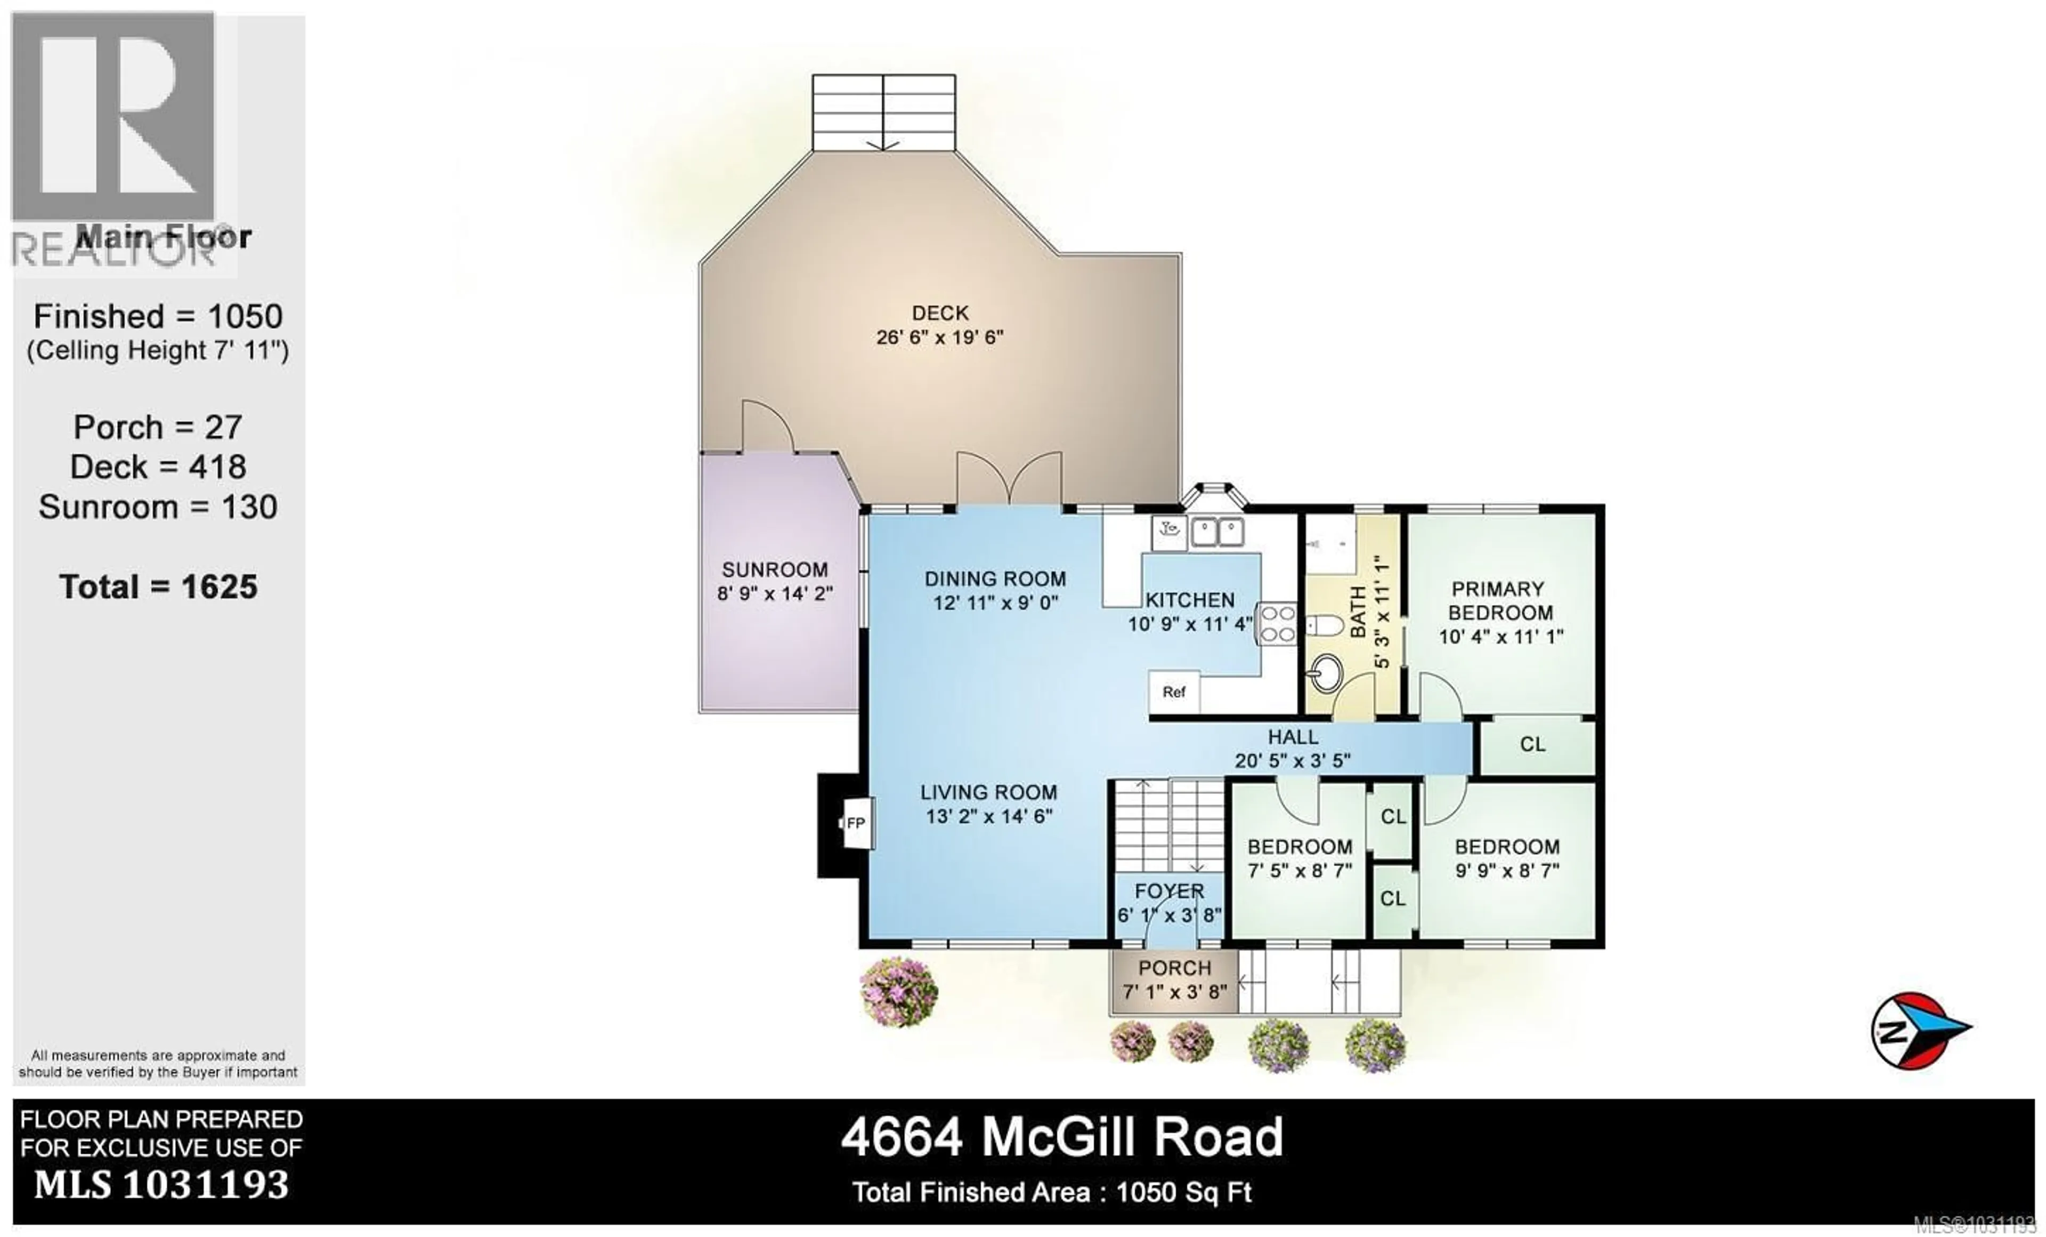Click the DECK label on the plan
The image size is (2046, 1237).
pyautogui.click(x=939, y=313)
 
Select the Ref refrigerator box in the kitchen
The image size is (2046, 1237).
pyautogui.click(x=1173, y=692)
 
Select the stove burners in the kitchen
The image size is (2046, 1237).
pyautogui.click(x=1277, y=624)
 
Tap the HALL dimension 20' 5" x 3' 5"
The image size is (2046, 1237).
pyautogui.click(x=1292, y=760)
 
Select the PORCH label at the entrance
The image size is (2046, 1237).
pyautogui.click(x=1174, y=968)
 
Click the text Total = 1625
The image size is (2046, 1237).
pyautogui.click(x=159, y=588)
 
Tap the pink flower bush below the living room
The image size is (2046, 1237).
pyautogui.click(x=898, y=991)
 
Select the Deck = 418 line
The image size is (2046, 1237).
pyautogui.click(x=159, y=467)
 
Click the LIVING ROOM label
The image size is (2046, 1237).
pyautogui.click(x=988, y=792)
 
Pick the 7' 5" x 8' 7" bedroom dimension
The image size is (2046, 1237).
pyautogui.click(x=1300, y=871)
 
